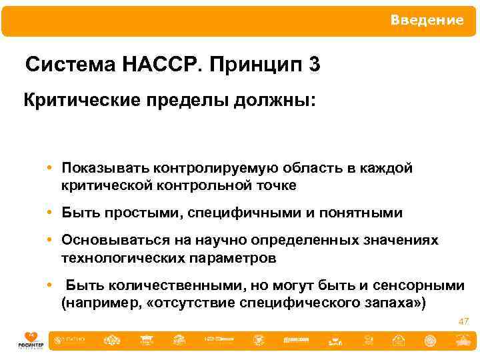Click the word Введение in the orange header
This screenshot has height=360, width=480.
tap(427, 21)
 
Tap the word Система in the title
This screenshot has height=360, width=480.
tap(71, 65)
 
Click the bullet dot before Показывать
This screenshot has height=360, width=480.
tap(51, 168)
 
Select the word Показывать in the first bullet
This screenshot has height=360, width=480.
tap(105, 168)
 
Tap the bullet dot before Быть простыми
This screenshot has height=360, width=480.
tap(51, 213)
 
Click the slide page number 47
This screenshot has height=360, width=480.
tap(463, 321)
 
